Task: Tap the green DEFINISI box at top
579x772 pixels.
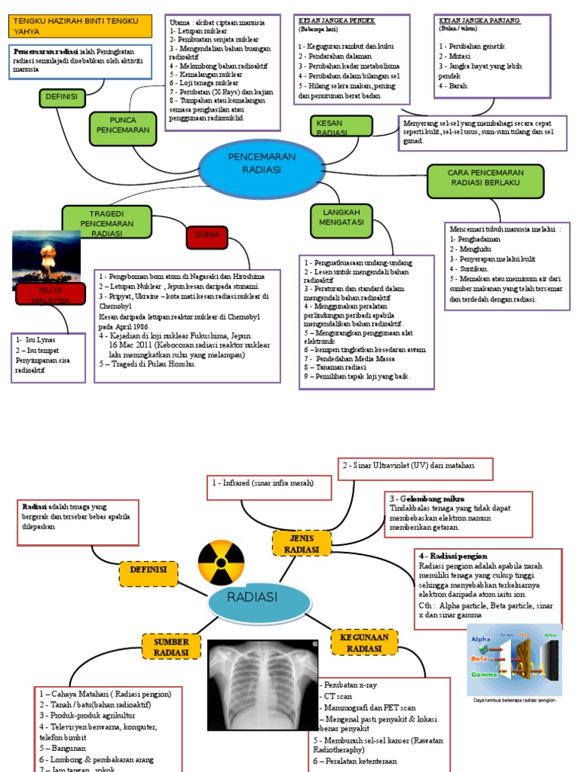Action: pos(62,98)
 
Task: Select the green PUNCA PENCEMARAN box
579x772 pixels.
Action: pos(121,126)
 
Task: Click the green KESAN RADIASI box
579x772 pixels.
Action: pos(341,126)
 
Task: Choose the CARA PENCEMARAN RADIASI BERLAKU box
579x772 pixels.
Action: pos(486,178)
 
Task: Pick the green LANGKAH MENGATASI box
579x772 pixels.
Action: pos(342,218)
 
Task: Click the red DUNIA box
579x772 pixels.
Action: pos(207,235)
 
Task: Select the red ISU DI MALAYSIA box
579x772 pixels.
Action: pos(50,294)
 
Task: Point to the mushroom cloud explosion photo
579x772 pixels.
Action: pos(47,256)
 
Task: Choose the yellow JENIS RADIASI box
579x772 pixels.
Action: pos(298,543)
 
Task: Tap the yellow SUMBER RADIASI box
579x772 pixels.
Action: pos(170,646)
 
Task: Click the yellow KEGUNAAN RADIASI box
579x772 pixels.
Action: pos(365,643)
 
